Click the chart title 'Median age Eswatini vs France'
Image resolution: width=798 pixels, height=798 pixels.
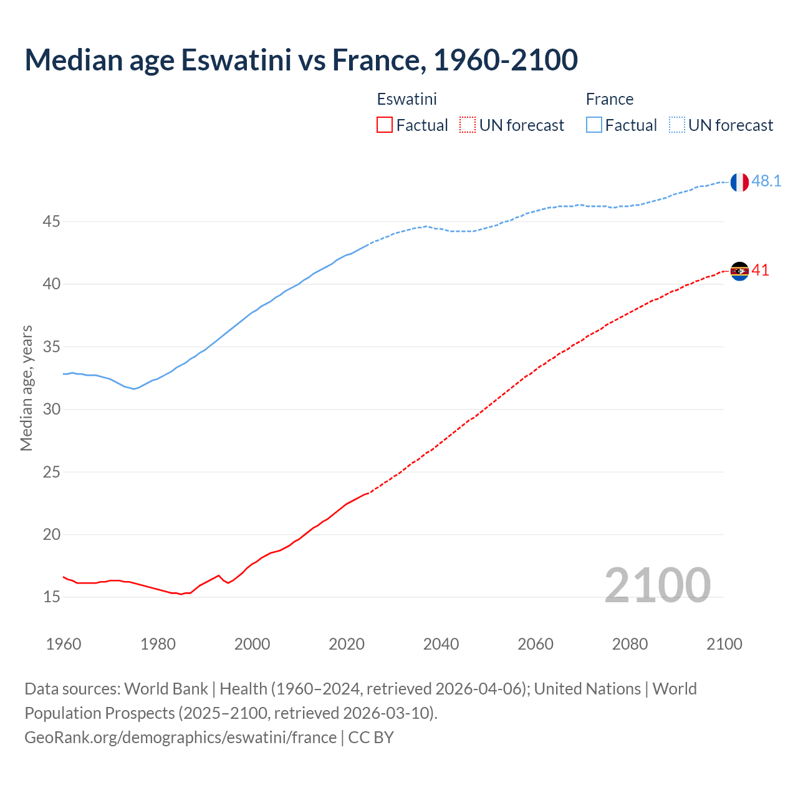pyautogui.click(x=301, y=60)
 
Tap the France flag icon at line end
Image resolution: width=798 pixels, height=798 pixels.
pyautogui.click(x=739, y=182)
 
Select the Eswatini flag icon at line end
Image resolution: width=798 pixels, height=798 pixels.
pyautogui.click(x=739, y=271)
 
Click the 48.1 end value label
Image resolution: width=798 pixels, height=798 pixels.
pyautogui.click(x=766, y=181)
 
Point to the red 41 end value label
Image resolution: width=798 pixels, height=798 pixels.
pyautogui.click(x=760, y=270)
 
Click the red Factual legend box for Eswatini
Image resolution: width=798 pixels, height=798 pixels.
pyautogui.click(x=385, y=125)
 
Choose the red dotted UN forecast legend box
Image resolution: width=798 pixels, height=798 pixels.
pyautogui.click(x=468, y=125)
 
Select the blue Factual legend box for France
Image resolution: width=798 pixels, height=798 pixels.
pyautogui.click(x=594, y=125)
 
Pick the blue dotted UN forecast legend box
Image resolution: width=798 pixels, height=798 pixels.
pyautogui.click(x=677, y=125)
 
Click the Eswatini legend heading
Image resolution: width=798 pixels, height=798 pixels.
pyautogui.click(x=406, y=99)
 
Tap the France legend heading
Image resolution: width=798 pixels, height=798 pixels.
pyautogui.click(x=609, y=99)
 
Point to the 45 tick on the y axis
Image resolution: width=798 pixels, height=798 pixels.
pyautogui.click(x=52, y=221)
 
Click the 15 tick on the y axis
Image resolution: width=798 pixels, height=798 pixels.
pyautogui.click(x=52, y=597)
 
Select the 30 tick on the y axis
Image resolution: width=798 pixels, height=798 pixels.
pyautogui.click(x=52, y=409)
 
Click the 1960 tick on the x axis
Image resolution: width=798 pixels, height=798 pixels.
pyautogui.click(x=64, y=644)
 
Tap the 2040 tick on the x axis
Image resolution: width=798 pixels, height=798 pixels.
pyautogui.click(x=441, y=644)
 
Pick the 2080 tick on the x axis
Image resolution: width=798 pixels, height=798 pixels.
pyautogui.click(x=630, y=644)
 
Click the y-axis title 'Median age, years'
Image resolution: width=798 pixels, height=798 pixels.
pyautogui.click(x=26, y=388)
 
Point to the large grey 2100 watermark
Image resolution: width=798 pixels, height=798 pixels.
pyautogui.click(x=657, y=585)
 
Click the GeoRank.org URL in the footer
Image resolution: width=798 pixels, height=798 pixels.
pyautogui.click(x=180, y=738)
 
